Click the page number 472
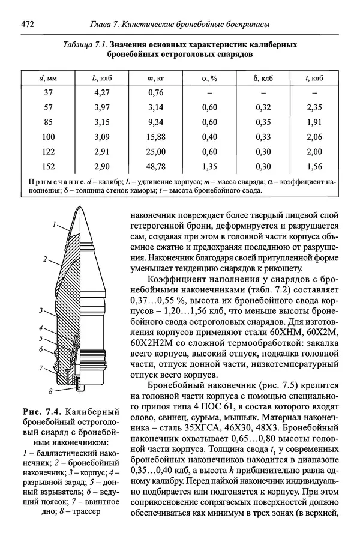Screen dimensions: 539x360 [x=28, y=25]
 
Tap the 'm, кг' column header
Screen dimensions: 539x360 [x=155, y=79]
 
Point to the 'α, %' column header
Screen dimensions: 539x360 [x=209, y=79]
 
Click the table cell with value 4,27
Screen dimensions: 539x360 [x=102, y=93]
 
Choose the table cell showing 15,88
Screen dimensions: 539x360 [x=155, y=137]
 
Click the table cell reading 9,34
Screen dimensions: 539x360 [x=155, y=122]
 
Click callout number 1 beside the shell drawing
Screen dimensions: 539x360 [x=53, y=226]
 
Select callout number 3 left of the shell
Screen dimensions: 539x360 [x=40, y=310]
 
